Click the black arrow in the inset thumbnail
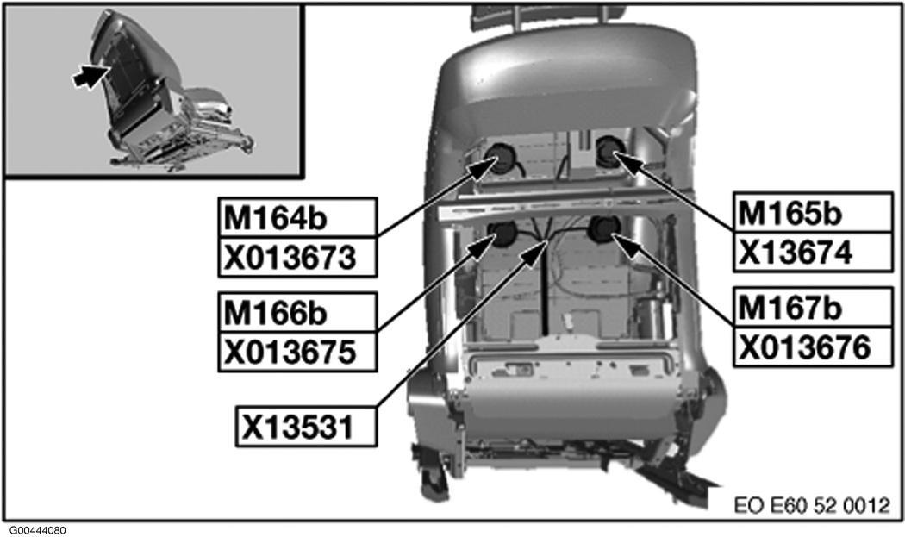point(84,77)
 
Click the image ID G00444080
point(38,530)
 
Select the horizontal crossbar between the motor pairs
point(552,210)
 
